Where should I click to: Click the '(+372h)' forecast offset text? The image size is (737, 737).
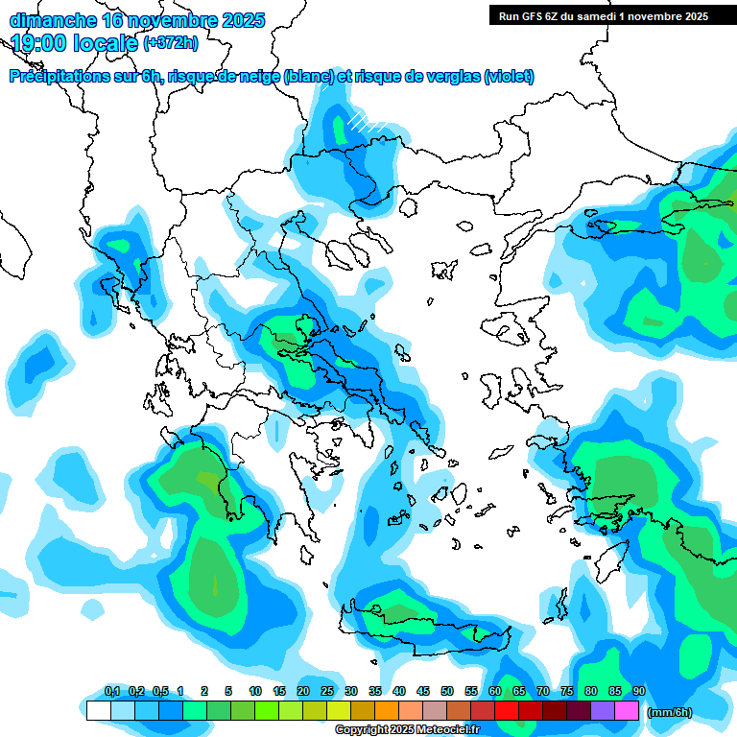point(171,42)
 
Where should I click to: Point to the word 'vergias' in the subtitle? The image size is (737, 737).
point(450,77)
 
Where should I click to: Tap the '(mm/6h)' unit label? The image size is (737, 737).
point(670,712)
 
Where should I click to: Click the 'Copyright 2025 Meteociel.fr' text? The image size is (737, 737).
point(407,730)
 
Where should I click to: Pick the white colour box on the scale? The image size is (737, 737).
point(99,710)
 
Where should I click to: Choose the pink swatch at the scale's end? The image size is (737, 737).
point(627,710)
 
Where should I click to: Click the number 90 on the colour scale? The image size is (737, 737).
point(639,691)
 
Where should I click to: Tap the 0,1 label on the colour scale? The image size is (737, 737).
point(112,691)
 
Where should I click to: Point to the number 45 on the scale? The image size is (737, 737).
point(423,691)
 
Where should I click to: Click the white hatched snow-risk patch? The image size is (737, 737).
point(368,122)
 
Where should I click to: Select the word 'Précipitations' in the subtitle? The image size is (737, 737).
point(56,77)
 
